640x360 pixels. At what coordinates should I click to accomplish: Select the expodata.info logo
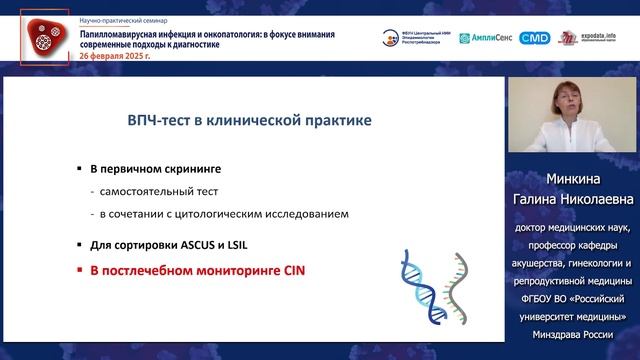tap(605, 38)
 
